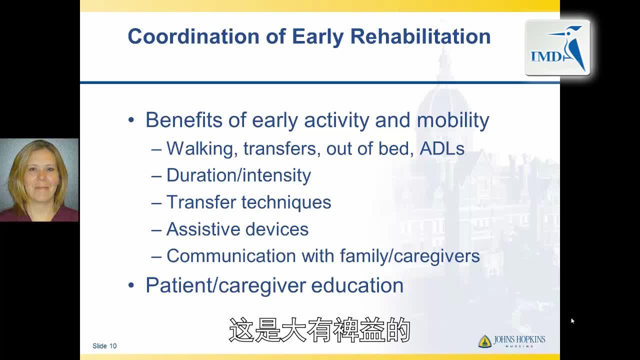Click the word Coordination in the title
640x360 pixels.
pyautogui.click(x=193, y=36)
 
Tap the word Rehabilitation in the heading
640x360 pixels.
pyautogui.click(x=420, y=36)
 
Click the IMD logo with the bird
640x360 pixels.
pyautogui.click(x=557, y=47)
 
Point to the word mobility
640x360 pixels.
pyautogui.click(x=453, y=120)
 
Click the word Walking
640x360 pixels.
pyautogui.click(x=202, y=149)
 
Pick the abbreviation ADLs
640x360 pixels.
pyautogui.click(x=442, y=148)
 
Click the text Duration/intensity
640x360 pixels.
pyautogui.click(x=238, y=175)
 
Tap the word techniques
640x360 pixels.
pyautogui.click(x=286, y=202)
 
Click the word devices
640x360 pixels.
pyautogui.click(x=277, y=229)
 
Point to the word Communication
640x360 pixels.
pyautogui.click(x=231, y=255)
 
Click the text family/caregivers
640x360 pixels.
pyautogui.click(x=410, y=256)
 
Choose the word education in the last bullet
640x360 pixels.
pyautogui.click(x=357, y=285)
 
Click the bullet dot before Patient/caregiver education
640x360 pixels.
pyautogui.click(x=131, y=285)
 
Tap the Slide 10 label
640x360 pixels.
pyautogui.click(x=104, y=346)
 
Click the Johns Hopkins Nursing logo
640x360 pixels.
pyautogui.click(x=511, y=341)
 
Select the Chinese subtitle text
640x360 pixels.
pyautogui.click(x=319, y=330)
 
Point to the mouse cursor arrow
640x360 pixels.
pyautogui.click(x=573, y=321)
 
